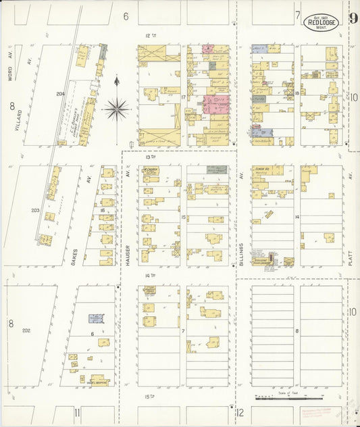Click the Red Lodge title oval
click(322, 22)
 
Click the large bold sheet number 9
click(353, 19)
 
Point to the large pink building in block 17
click(217, 105)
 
